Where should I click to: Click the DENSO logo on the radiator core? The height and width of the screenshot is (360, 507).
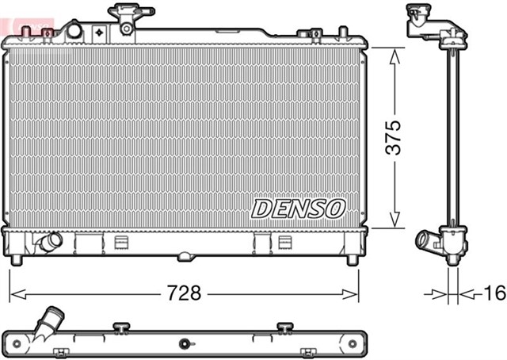299,209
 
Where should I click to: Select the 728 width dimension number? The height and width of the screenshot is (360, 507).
183,292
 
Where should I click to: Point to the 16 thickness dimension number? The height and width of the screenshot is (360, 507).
493,293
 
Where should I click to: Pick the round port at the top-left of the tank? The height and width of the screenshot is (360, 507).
74,31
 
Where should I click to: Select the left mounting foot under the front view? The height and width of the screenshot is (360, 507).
17,259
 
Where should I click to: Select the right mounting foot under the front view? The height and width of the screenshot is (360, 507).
352,259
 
